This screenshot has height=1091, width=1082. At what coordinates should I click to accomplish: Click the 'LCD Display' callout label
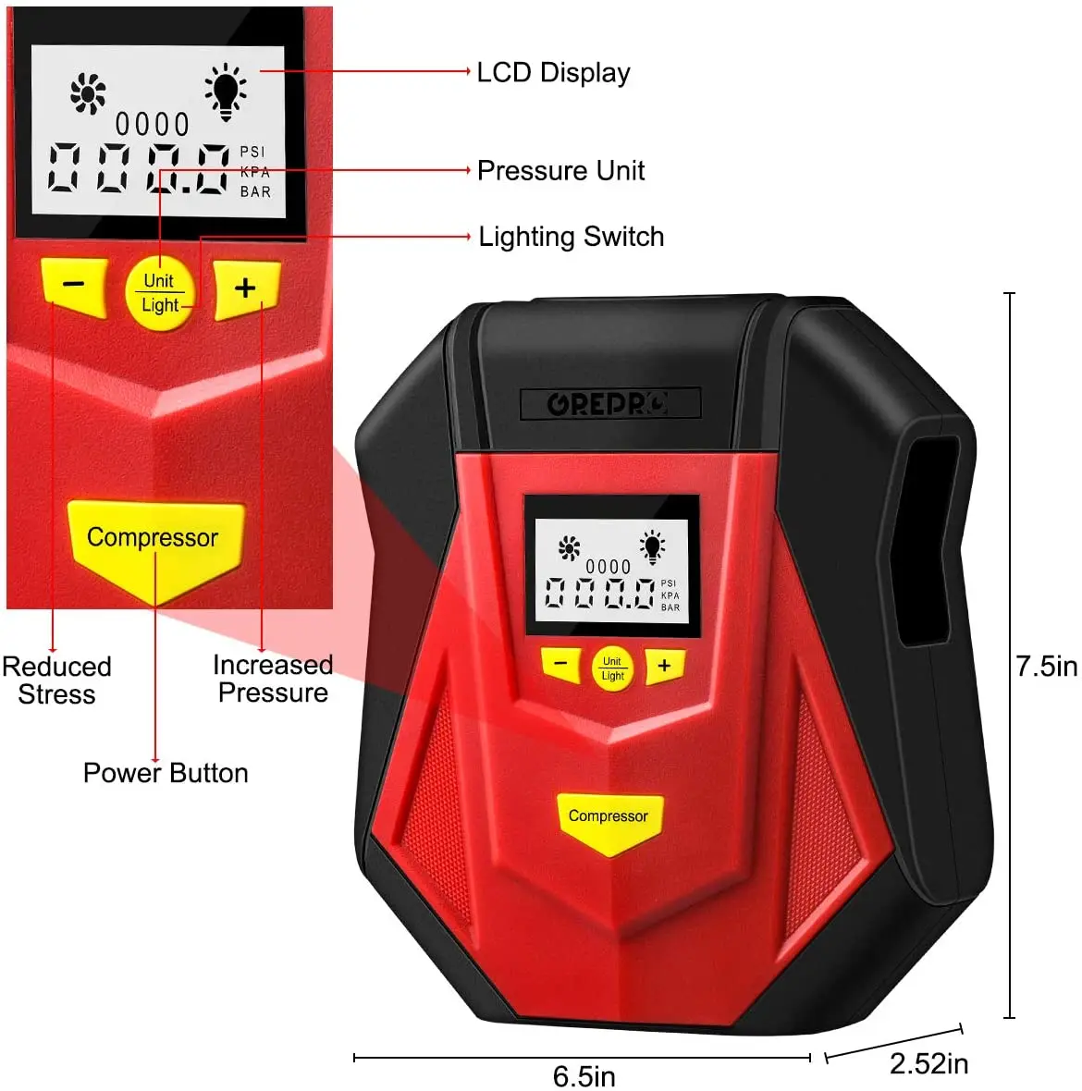[553, 73]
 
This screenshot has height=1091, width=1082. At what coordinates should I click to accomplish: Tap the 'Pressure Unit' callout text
[560, 171]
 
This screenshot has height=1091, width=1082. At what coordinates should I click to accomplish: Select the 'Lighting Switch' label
[571, 237]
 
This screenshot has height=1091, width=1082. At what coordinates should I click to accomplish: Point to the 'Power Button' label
[166, 773]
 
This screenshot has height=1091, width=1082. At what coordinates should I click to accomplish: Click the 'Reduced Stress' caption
[56, 680]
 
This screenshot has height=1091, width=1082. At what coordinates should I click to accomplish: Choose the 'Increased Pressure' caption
[273, 679]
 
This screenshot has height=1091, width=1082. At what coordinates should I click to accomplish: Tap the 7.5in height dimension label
[1046, 667]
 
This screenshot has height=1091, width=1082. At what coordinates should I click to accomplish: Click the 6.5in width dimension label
[584, 1076]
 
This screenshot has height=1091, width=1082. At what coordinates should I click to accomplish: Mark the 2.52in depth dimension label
[928, 1064]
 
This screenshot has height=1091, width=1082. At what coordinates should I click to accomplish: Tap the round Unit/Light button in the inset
[159, 293]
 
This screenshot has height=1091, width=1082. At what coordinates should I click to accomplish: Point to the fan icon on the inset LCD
[89, 93]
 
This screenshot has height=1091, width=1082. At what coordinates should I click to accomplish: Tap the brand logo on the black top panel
[609, 404]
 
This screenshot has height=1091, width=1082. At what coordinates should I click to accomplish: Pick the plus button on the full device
[664, 665]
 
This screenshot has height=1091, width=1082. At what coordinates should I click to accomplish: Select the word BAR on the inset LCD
[255, 192]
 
